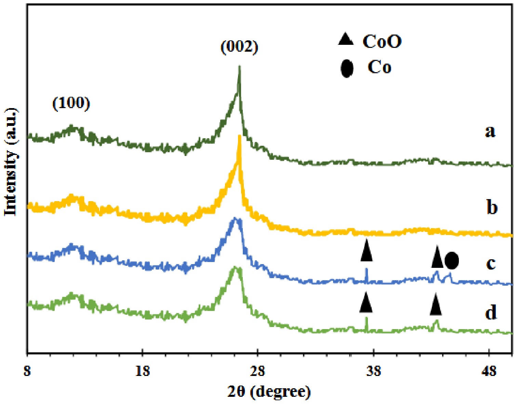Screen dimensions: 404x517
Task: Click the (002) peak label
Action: [x=239, y=47]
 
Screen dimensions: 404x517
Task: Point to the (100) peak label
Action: [x=71, y=103]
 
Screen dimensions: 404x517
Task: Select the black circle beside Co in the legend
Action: [x=347, y=68]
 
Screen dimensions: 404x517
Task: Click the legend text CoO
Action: [x=382, y=41]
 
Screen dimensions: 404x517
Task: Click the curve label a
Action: [x=490, y=131]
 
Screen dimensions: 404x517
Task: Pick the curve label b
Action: [x=492, y=207]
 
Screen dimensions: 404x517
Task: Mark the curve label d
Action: [x=491, y=313]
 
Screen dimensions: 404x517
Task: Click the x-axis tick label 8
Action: [x=27, y=371]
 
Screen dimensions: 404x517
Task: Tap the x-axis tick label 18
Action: [x=142, y=371]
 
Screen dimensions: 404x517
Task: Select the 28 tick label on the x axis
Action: [x=258, y=371]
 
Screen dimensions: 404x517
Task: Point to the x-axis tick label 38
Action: [x=374, y=371]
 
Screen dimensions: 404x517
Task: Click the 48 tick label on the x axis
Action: [x=489, y=371]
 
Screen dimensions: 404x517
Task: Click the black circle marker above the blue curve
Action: [x=452, y=261]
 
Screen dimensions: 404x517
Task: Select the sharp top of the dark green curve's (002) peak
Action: [x=239, y=67]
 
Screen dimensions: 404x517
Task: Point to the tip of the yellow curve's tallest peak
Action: [x=239, y=136]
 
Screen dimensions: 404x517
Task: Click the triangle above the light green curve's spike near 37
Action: [x=366, y=302]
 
